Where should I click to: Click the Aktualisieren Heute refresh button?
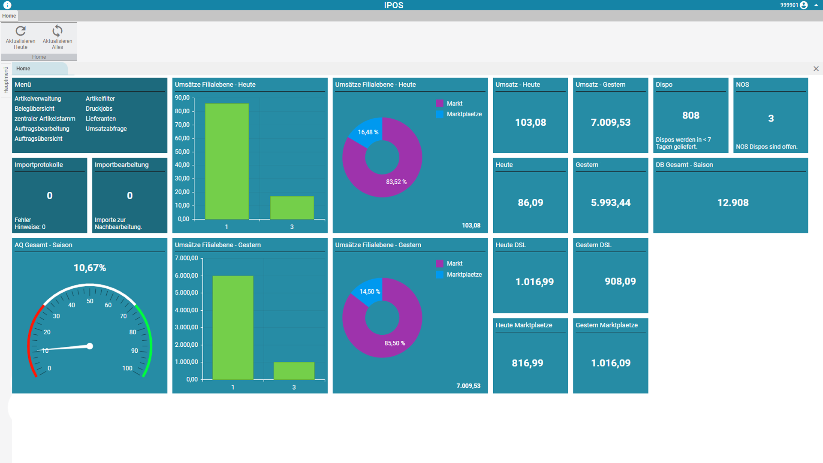pyautogui.click(x=21, y=37)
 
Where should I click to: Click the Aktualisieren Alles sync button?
pyautogui.click(x=57, y=37)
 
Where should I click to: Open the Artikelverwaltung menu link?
pyautogui.click(x=38, y=99)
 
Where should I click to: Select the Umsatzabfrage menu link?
pyautogui.click(x=106, y=129)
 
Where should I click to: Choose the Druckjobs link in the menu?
pyautogui.click(x=99, y=109)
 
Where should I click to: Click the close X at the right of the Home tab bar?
pyautogui.click(x=816, y=69)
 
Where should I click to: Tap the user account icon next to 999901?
pyautogui.click(x=804, y=5)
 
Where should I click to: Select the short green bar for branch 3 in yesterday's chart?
pyautogui.click(x=294, y=371)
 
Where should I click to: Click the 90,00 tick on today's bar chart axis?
pyautogui.click(x=182, y=98)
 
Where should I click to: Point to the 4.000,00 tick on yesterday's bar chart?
pyautogui.click(x=187, y=310)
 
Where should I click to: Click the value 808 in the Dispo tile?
pyautogui.click(x=690, y=115)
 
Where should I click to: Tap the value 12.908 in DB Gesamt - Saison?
pyautogui.click(x=733, y=203)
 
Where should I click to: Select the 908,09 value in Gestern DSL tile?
pyautogui.click(x=620, y=281)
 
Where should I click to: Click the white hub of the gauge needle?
pyautogui.click(x=90, y=346)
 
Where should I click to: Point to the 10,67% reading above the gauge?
pyautogui.click(x=90, y=268)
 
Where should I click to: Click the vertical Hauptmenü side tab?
pyautogui.click(x=6, y=80)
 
